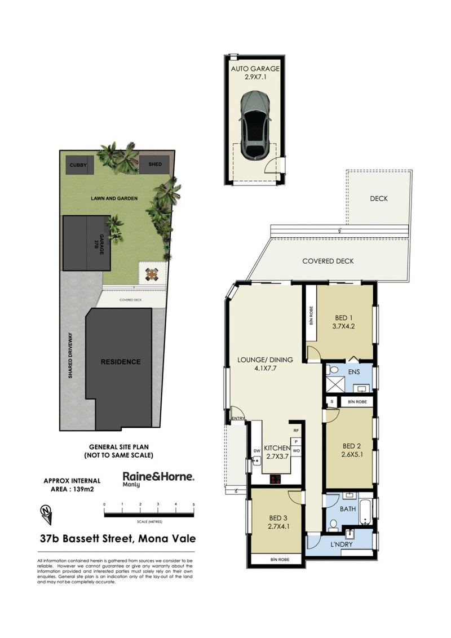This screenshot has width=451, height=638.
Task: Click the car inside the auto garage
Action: click(x=254, y=125)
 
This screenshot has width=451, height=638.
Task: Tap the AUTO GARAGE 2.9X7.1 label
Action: click(x=255, y=73)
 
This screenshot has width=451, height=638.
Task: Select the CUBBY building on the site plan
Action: click(x=75, y=165)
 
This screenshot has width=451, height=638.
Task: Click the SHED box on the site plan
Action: click(x=155, y=165)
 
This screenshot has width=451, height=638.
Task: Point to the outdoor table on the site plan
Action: click(x=152, y=274)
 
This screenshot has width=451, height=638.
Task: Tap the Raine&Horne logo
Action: click(x=158, y=477)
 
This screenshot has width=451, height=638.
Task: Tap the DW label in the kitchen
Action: click(x=256, y=451)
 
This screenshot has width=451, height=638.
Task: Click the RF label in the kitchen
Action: click(x=295, y=430)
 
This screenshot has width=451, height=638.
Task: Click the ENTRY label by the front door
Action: click(x=238, y=418)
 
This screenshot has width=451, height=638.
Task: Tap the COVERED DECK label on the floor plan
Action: click(x=328, y=261)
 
